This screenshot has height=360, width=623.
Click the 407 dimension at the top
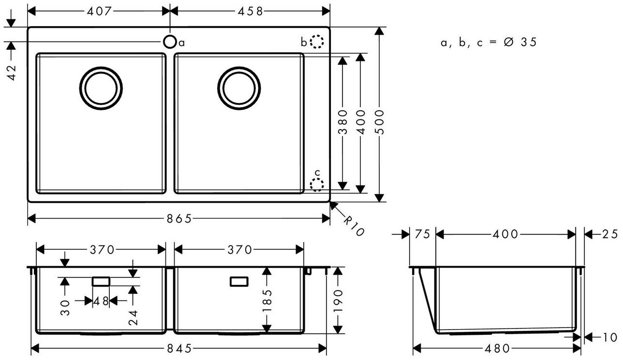(100, 11)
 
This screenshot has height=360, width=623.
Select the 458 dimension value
(249, 11)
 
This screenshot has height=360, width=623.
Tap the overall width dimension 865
(179, 219)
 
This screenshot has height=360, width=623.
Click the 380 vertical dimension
(342, 122)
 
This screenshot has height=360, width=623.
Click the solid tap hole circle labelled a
(170, 42)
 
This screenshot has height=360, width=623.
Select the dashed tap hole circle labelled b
(316, 42)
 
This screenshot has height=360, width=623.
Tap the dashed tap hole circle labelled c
(317, 184)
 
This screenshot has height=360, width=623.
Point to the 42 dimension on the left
(12, 72)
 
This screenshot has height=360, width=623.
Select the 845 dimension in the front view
(179, 348)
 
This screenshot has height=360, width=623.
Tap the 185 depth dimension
(266, 300)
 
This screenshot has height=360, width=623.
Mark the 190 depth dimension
(338, 300)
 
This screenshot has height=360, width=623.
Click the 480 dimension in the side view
(498, 348)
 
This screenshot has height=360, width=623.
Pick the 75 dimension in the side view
(422, 235)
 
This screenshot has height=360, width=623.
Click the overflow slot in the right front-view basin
(239, 281)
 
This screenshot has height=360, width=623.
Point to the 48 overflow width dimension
(101, 301)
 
